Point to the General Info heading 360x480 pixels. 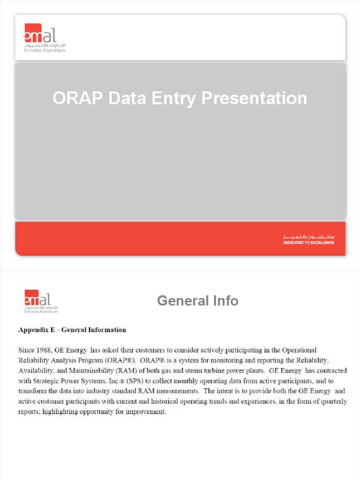click(197, 301)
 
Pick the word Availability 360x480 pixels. click(35, 371)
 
